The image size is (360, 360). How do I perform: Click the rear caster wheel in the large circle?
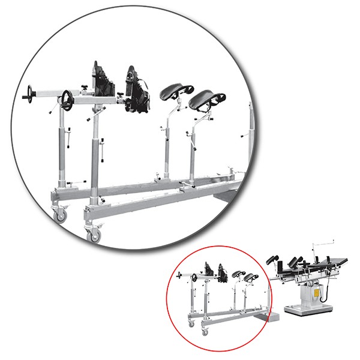point(61,214)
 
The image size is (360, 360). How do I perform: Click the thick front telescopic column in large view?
point(94,156)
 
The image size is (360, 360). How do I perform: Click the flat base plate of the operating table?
point(310,311)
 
